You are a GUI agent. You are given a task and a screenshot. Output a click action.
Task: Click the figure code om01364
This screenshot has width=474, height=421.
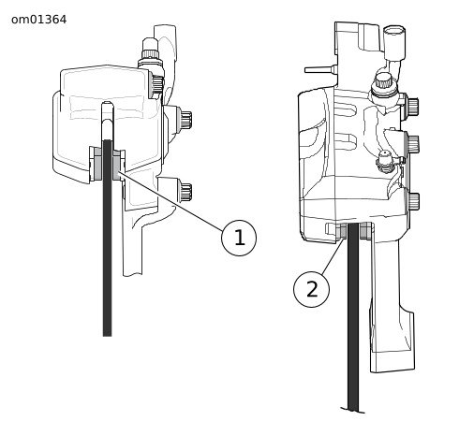pyautogui.click(x=38, y=20)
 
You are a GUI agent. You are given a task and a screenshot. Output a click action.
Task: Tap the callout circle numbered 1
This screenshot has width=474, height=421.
pyautogui.click(x=239, y=238)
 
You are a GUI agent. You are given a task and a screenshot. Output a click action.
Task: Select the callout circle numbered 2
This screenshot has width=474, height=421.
pyautogui.click(x=311, y=289)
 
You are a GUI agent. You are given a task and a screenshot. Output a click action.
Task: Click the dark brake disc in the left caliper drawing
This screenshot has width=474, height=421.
pyautogui.click(x=108, y=238)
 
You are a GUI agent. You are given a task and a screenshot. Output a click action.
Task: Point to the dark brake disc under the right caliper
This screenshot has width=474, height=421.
pyautogui.click(x=353, y=316)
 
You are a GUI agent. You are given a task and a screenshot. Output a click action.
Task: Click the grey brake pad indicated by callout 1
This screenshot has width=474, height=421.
pyautogui.click(x=116, y=165)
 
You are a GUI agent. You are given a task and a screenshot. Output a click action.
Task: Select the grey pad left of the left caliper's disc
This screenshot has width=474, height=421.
pyautogui.click(x=98, y=164)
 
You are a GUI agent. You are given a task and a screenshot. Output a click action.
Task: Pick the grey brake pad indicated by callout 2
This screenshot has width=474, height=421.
pyautogui.click(x=343, y=230)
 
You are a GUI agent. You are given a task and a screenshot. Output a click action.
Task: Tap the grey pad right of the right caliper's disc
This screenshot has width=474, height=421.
pyautogui.click(x=363, y=231)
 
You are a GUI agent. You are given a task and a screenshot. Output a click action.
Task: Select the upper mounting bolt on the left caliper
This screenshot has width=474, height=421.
pyautogui.click(x=185, y=118)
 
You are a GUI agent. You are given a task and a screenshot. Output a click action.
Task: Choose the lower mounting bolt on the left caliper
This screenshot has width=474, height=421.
pyautogui.click(x=185, y=190)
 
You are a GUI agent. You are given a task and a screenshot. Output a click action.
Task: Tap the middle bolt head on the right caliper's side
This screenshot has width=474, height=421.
pyautogui.click(x=413, y=144)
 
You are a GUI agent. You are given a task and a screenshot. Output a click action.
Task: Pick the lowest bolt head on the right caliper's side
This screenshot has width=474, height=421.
pyautogui.click(x=414, y=202)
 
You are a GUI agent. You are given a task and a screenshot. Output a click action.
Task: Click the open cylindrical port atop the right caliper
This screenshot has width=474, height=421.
pyautogui.click(x=394, y=42)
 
